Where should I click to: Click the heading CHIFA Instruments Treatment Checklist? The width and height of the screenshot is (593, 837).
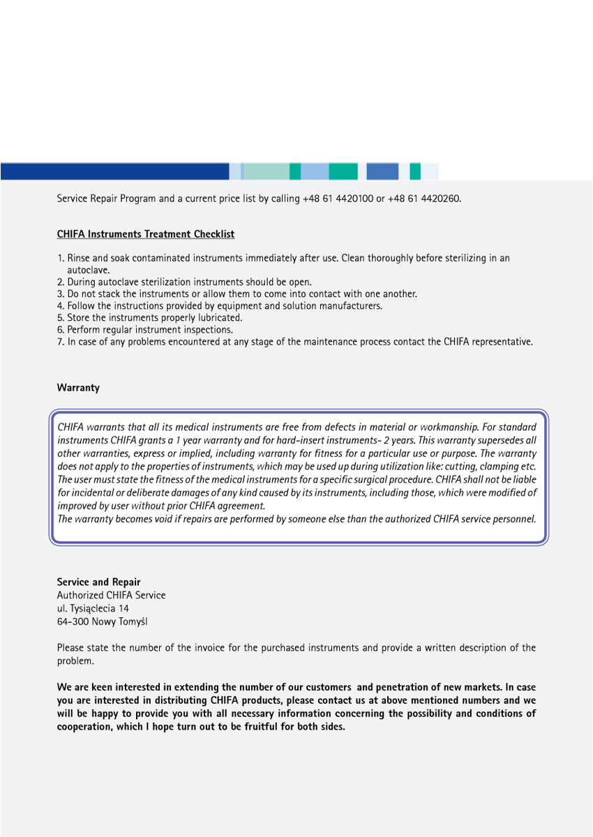point(146,234)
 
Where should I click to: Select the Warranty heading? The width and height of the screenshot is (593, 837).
point(78,388)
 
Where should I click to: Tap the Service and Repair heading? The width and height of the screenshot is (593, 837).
point(98,582)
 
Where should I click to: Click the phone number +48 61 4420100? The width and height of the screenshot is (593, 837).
point(338,199)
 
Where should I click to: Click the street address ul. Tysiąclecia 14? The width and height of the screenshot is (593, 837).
point(93,608)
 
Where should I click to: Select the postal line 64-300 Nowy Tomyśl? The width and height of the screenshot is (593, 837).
point(102,621)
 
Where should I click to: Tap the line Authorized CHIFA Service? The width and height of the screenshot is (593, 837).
point(111,595)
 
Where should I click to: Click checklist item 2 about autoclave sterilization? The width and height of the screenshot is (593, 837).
point(184,282)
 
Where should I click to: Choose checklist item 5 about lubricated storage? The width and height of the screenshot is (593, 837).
point(149,318)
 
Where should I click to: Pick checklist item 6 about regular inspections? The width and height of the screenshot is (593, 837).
point(145,330)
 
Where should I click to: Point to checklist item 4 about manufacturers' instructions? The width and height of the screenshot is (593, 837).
point(220,306)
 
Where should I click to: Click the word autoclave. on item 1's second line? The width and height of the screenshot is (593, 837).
point(88,270)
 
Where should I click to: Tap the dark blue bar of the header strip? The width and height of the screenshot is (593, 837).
point(114,172)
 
